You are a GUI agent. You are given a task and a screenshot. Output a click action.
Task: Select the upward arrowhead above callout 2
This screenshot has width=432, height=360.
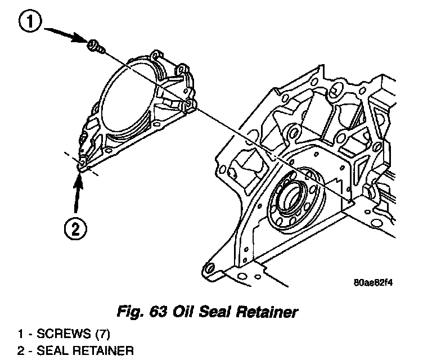coord(78,179)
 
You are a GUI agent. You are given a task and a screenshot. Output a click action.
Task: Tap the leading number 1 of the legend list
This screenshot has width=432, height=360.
coord(20,334)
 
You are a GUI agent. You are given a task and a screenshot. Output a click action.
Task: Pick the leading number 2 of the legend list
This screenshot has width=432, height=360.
coord(20,351)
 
